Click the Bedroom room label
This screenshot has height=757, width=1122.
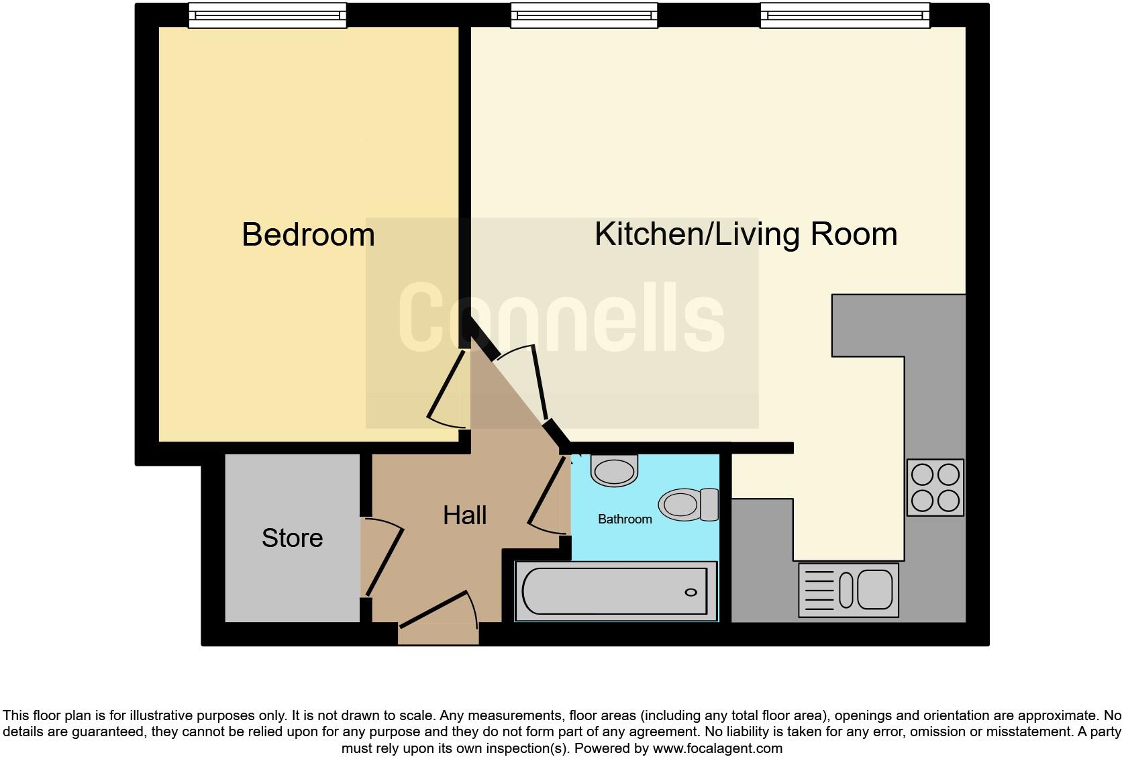(308, 235)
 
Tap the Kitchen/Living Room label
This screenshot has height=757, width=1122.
(746, 234)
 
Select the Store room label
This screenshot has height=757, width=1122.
(292, 538)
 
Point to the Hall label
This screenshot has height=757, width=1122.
(464, 515)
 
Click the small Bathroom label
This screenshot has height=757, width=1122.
(625, 519)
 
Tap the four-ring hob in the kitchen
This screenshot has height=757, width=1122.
(935, 488)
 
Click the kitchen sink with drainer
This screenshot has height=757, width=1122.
(848, 590)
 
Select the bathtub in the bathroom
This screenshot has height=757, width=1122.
(615, 591)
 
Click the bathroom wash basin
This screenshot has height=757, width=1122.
(613, 470)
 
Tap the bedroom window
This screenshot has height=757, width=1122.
(267, 15)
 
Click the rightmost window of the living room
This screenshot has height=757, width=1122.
(845, 15)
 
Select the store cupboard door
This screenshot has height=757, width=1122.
(382, 557)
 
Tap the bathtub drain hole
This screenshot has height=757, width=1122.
(691, 592)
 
